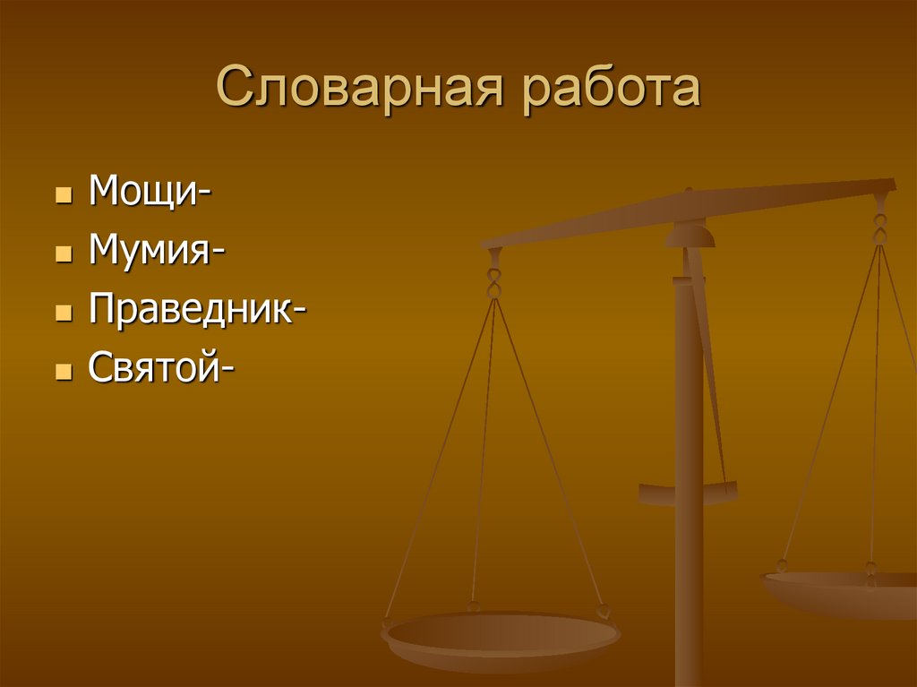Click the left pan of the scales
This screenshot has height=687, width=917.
click(x=501, y=639)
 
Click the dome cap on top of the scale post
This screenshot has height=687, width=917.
click(x=690, y=235)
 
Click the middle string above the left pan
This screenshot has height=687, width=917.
click(x=484, y=448)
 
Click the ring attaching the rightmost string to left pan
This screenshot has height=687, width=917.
click(x=604, y=612)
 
